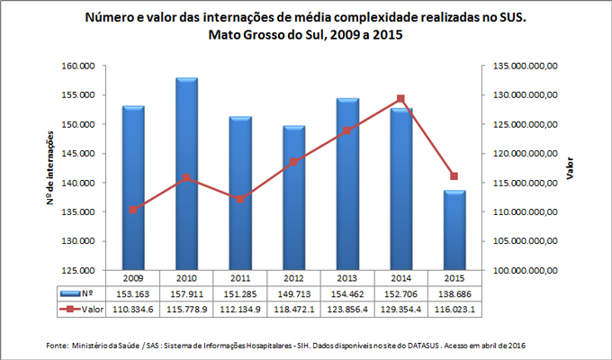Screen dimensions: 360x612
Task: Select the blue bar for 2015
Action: point(454,229)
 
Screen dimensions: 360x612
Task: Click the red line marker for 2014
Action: point(400,99)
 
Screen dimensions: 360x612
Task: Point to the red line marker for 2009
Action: point(133,210)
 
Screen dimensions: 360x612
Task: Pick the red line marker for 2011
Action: point(240,199)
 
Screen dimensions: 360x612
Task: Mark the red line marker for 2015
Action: point(454,175)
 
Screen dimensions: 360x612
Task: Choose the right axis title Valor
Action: point(571,167)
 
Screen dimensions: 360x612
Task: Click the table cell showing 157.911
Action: point(186,293)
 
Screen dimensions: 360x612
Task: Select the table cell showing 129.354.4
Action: point(400,309)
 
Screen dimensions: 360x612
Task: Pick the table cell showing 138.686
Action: point(454,293)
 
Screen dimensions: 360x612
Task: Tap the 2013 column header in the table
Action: point(347,278)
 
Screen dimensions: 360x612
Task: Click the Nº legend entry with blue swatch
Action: point(76,293)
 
